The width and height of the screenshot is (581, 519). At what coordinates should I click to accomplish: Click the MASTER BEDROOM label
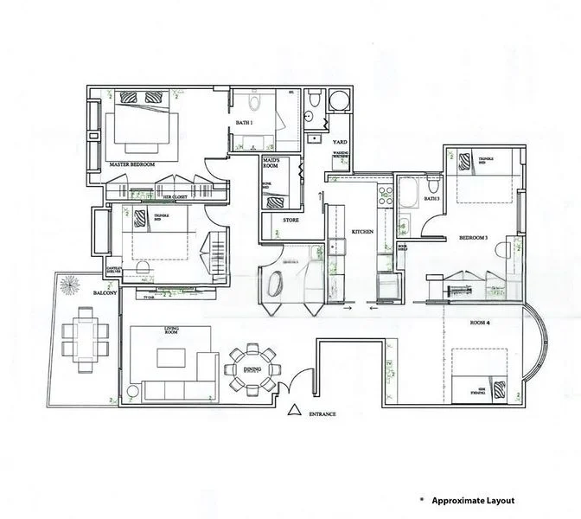pos(132,163)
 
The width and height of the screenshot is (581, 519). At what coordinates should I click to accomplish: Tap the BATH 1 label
pos(246,123)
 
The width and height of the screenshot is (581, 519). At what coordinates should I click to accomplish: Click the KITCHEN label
pos(362,232)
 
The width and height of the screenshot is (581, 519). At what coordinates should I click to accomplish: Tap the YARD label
pos(341,141)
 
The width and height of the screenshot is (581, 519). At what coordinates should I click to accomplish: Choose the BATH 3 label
pos(432,200)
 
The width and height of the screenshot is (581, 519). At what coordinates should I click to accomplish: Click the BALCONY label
pos(105,294)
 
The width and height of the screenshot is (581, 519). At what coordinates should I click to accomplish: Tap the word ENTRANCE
pos(320,414)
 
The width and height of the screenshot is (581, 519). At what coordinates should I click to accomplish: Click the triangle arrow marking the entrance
pos(294,411)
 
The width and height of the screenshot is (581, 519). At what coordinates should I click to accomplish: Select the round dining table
pos(253,367)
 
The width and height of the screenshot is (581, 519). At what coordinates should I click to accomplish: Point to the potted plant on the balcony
pos(69,285)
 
